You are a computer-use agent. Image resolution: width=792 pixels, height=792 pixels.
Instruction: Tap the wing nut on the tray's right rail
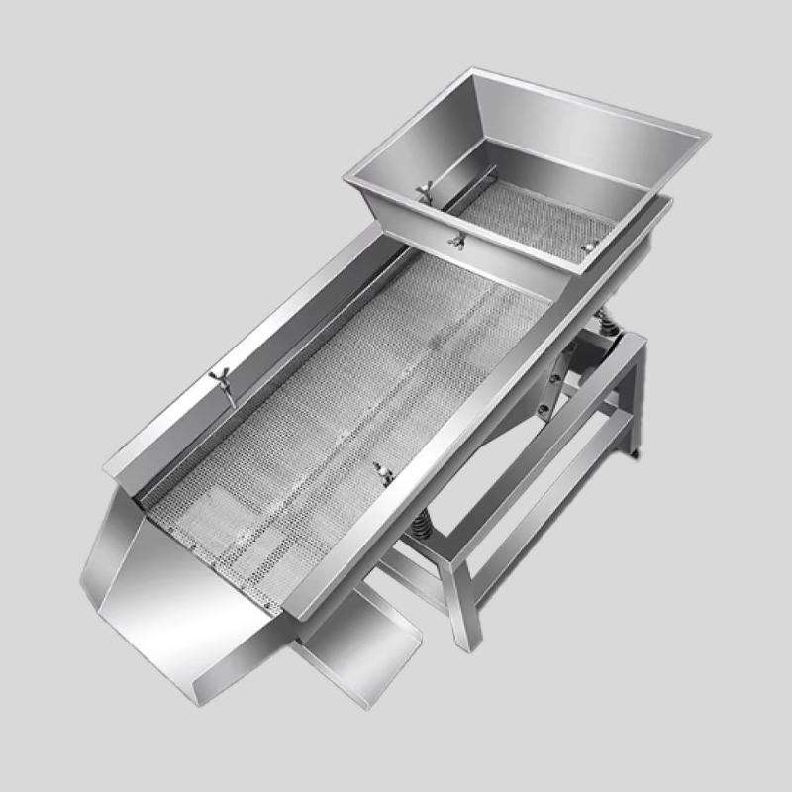pyautogui.click(x=383, y=472)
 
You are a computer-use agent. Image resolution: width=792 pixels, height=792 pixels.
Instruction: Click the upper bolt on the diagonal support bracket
pyautogui.click(x=563, y=370)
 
